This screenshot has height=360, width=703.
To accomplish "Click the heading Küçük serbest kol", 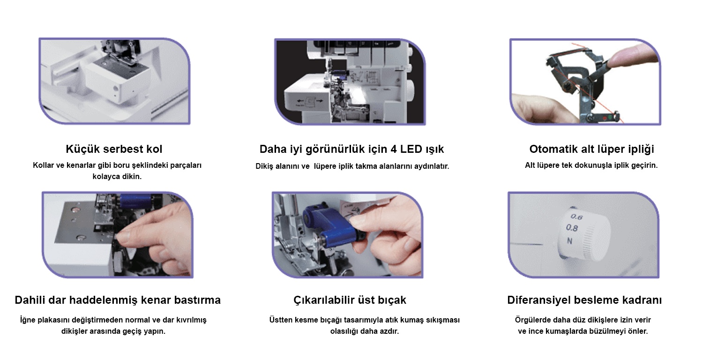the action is point(114,149).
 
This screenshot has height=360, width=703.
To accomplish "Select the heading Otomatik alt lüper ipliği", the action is point(591,150).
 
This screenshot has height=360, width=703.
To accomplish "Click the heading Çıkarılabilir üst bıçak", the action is point(350,300).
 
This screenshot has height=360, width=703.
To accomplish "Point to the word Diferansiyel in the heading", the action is point(537,300).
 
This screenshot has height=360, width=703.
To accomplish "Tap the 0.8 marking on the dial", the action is point(572,228).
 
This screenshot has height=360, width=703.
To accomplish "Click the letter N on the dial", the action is point(569,241).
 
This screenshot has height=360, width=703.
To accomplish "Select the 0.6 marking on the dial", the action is point(576,217).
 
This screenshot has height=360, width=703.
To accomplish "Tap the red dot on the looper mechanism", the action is point(605,118).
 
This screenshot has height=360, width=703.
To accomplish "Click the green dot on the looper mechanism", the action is point(610,117).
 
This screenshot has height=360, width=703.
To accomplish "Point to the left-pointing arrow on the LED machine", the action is point(300,101).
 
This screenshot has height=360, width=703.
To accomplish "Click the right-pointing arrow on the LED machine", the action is point(320,101).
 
